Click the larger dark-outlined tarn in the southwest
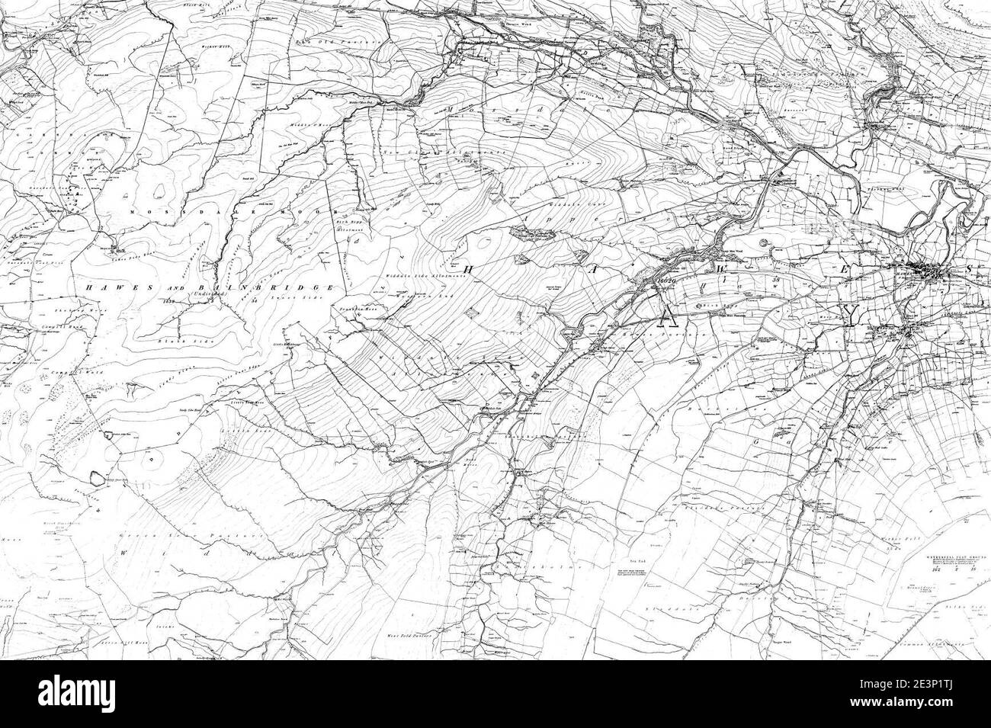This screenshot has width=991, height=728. (x=97, y=478)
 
